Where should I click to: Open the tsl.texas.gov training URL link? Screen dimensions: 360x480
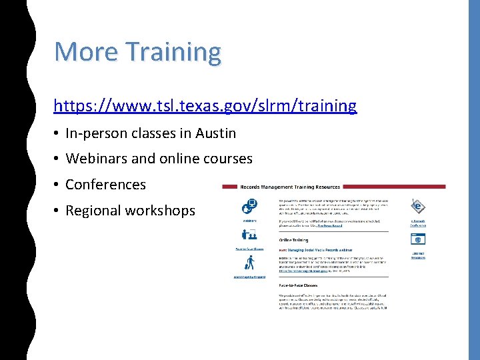[x=205, y=105]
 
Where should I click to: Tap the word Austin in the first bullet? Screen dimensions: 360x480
[x=215, y=133]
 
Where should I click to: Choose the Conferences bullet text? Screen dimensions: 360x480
[x=105, y=185]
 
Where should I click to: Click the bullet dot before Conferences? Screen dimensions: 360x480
[x=57, y=185]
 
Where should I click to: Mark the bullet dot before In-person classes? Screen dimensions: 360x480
[x=57, y=134]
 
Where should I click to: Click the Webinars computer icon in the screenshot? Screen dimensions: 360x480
[x=249, y=207]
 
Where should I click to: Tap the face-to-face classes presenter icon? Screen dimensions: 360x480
[x=249, y=235]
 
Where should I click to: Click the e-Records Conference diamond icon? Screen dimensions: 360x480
[x=418, y=206]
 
